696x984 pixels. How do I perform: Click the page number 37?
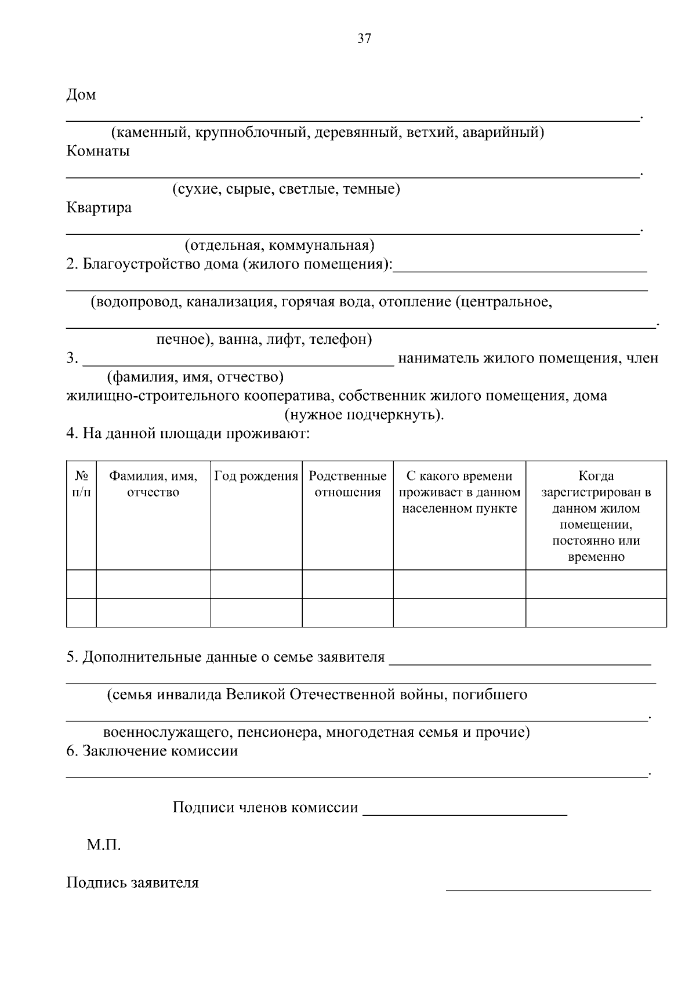point(364,39)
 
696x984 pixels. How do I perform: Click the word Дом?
point(81,95)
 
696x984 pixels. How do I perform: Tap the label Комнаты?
point(98,151)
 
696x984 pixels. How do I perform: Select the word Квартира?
point(99,208)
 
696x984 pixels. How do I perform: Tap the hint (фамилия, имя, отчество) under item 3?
point(195,377)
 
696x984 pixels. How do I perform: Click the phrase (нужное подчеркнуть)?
point(364,415)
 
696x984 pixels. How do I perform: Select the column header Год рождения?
point(256,477)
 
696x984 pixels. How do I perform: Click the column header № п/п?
point(81,484)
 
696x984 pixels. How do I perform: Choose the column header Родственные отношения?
point(347,484)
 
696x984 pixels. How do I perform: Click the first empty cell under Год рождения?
point(256,584)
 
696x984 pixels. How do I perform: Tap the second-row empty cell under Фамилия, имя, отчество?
point(153,613)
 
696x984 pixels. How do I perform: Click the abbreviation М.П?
point(104,845)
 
